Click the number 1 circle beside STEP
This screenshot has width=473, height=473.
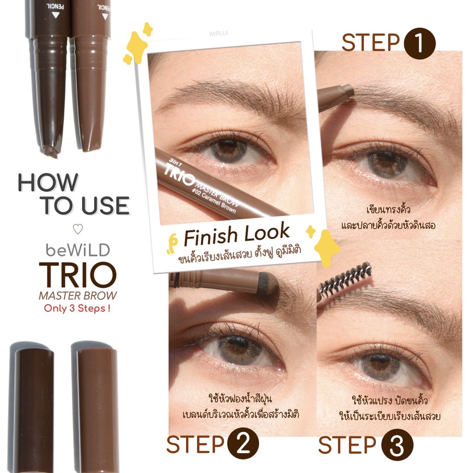(x=419, y=43)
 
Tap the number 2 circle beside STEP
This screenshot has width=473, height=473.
(x=243, y=444)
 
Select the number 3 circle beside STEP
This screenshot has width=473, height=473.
(x=397, y=445)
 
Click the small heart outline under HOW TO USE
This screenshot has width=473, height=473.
(x=78, y=229)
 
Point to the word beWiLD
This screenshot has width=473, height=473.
(x=78, y=250)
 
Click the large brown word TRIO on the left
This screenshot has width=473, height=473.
(x=78, y=275)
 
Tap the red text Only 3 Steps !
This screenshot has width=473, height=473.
(x=77, y=308)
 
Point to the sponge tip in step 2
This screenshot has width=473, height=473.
(x=268, y=283)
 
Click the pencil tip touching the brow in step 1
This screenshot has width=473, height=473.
(x=348, y=91)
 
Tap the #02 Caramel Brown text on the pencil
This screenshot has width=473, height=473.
(x=214, y=200)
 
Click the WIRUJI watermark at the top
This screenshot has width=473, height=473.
(x=218, y=34)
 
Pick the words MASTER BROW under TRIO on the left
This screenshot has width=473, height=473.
(x=78, y=296)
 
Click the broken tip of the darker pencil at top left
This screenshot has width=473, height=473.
(x=50, y=152)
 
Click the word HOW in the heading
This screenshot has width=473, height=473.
(x=48, y=182)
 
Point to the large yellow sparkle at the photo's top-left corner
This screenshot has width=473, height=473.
(x=137, y=47)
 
